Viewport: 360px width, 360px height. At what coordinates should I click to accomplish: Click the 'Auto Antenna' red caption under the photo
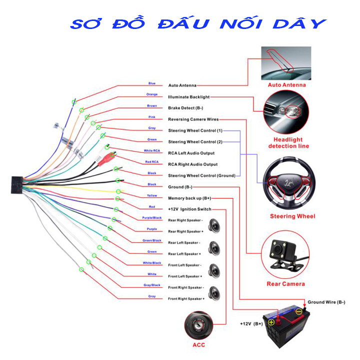[286, 85]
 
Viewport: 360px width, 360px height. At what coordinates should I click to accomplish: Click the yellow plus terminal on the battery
[271, 322]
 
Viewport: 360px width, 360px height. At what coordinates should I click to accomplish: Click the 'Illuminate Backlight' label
[188, 97]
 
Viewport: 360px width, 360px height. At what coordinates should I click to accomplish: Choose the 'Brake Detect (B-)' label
[185, 108]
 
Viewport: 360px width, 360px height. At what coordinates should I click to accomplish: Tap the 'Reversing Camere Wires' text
[193, 119]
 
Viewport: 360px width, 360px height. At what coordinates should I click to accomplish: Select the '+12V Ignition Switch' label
[189, 209]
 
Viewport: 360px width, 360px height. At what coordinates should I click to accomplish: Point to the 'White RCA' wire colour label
[152, 150]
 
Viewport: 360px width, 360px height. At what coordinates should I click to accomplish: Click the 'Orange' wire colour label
[152, 94]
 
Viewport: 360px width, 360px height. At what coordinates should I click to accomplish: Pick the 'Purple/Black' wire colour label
[152, 218]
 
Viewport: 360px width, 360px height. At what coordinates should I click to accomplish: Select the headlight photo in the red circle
[286, 111]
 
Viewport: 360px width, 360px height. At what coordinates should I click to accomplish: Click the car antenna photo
[286, 63]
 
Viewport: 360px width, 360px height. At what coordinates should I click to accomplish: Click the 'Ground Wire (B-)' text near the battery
[326, 302]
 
